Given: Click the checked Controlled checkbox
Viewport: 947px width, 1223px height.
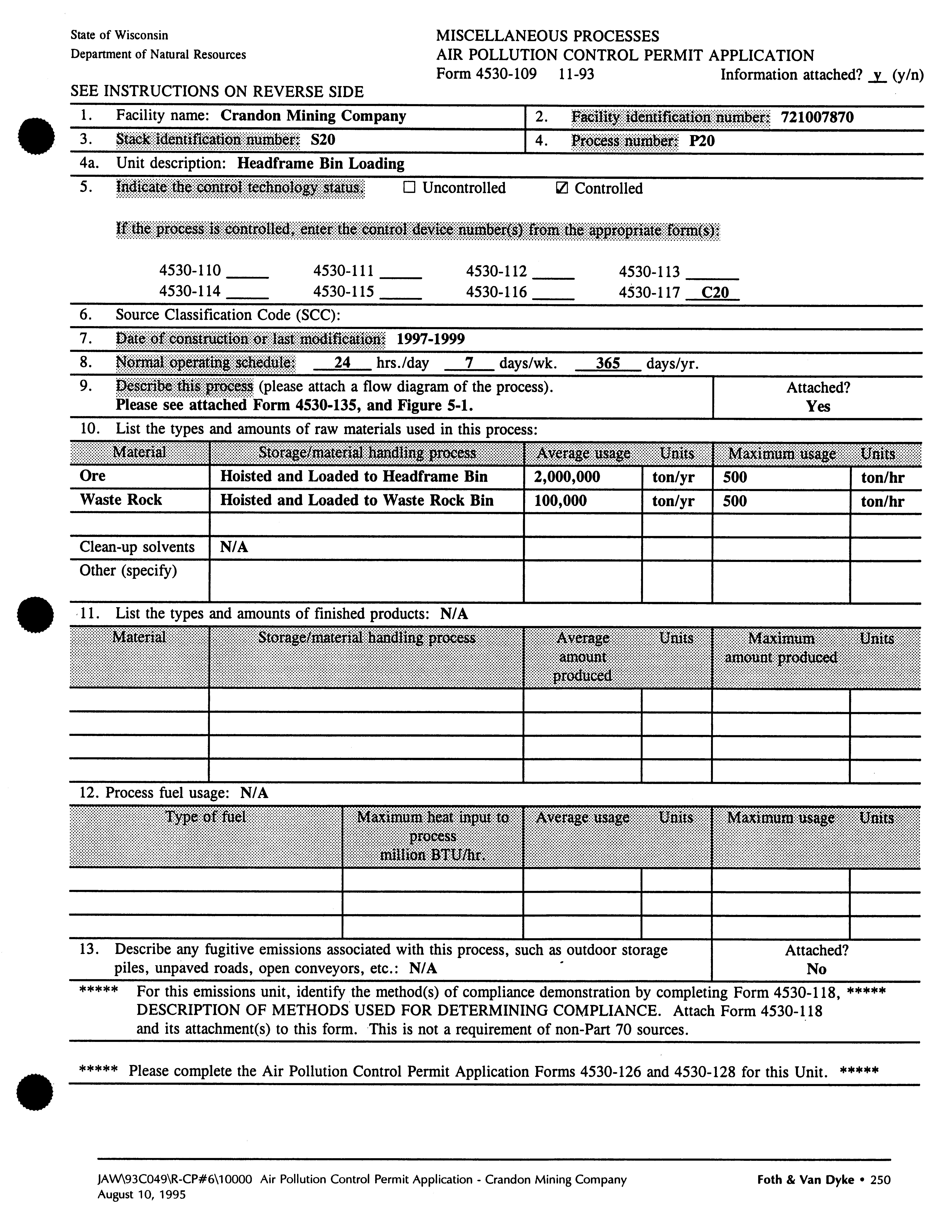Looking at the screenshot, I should click(560, 189).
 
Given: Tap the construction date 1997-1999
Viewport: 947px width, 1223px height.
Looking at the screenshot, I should click(430, 339).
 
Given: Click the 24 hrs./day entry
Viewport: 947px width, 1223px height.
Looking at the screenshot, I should click(342, 363).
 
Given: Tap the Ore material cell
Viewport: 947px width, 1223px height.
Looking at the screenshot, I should click(93, 476).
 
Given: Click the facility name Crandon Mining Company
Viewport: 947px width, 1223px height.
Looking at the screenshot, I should click(313, 116).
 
